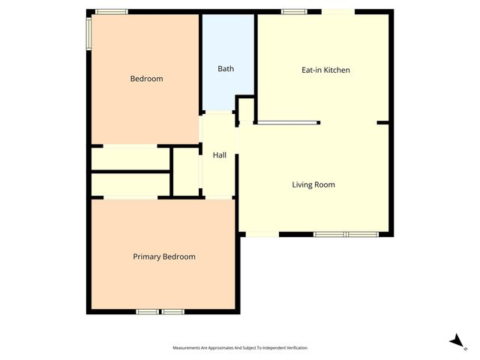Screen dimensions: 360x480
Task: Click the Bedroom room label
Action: click(146, 79)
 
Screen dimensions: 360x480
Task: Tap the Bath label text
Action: click(226, 69)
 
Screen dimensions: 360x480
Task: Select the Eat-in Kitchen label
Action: click(325, 70)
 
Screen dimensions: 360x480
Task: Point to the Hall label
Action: click(220, 155)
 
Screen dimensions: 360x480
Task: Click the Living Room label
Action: click(313, 184)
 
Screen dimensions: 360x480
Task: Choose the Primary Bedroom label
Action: click(164, 256)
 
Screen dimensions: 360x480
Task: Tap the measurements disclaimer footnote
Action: click(240, 348)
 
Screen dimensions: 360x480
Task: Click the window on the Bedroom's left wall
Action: click(88, 33)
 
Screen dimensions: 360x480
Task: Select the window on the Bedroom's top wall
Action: click(111, 11)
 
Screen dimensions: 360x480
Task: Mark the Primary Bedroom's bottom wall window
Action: click(160, 311)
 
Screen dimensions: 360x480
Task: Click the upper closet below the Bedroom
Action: click(130, 158)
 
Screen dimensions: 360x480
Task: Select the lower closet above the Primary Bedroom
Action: click(130, 184)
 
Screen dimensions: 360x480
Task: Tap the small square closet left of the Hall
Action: click(186, 172)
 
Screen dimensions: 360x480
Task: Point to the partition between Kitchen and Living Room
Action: click(289, 122)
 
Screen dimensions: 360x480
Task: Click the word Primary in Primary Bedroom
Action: click(147, 256)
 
